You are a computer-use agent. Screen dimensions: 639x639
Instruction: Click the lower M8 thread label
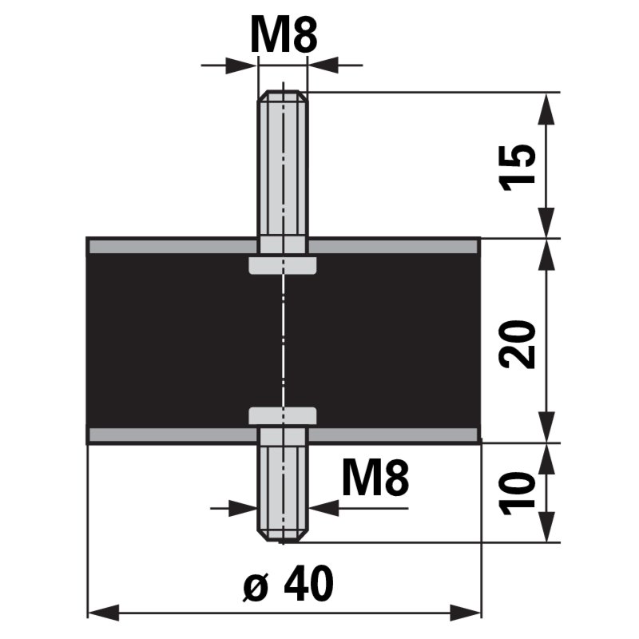[x=375, y=479]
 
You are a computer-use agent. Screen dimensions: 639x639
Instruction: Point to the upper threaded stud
[x=283, y=168]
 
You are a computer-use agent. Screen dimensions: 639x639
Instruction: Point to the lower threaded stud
[x=283, y=487]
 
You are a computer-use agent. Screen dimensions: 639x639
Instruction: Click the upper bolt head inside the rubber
[x=283, y=265]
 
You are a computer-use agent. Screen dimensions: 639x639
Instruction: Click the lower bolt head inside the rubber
[x=283, y=415]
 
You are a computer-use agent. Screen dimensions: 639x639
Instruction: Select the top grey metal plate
[x=160, y=246]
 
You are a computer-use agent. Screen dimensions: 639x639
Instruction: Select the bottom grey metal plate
[x=160, y=435]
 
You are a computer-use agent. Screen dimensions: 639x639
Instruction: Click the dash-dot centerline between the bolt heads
[x=283, y=339]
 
